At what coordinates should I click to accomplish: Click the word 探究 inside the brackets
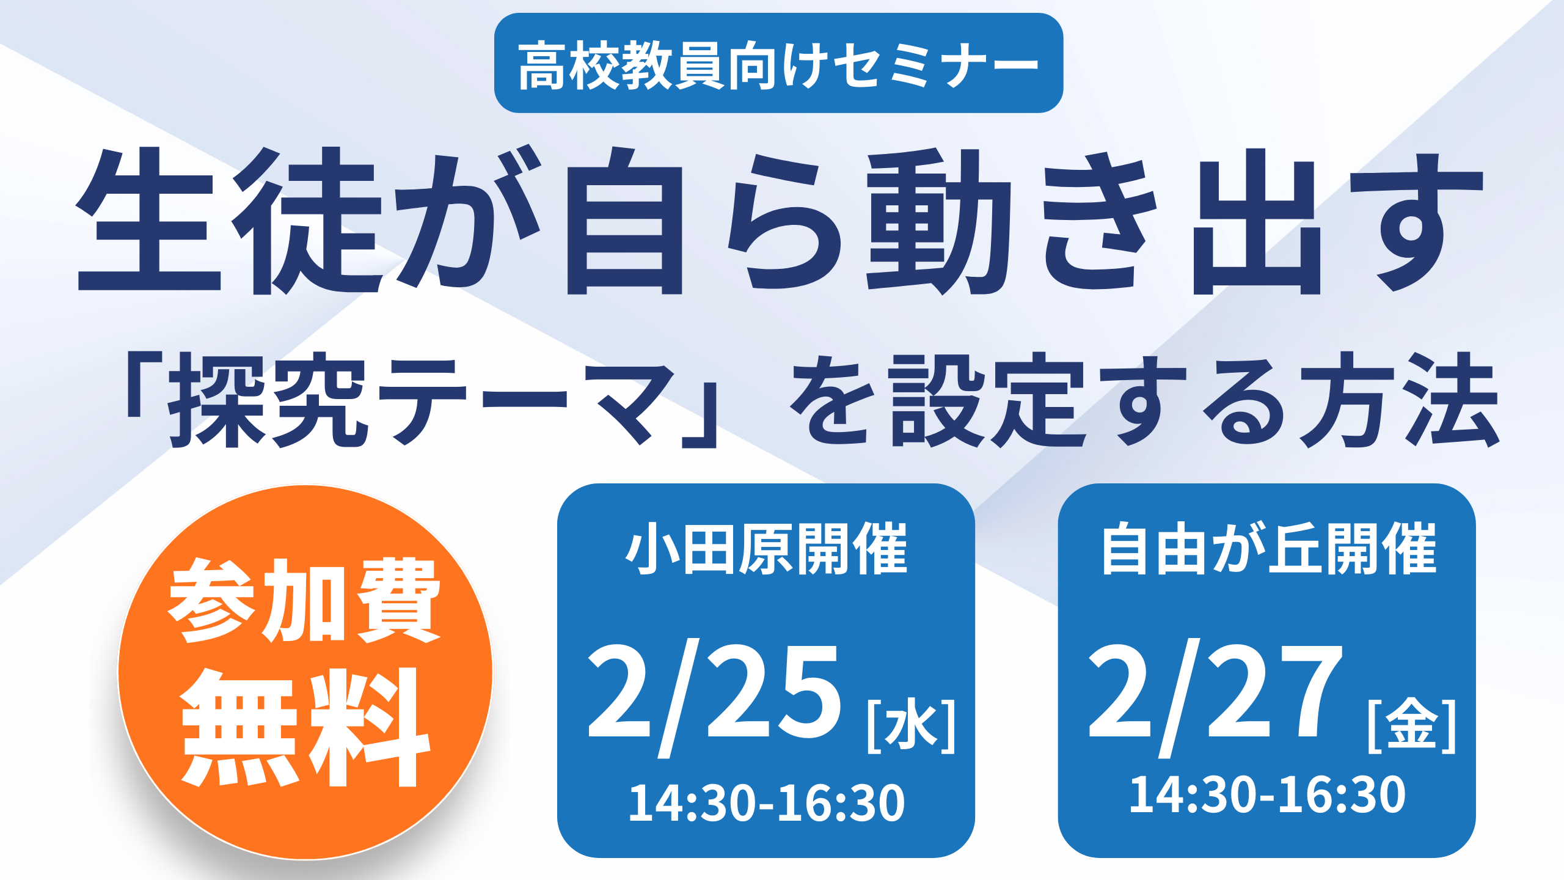(269, 400)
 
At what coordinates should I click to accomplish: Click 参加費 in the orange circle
(305, 599)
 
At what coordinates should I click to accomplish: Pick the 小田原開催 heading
(766, 548)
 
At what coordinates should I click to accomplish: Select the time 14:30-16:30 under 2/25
(767, 802)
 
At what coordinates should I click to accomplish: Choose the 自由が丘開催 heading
(1270, 548)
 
